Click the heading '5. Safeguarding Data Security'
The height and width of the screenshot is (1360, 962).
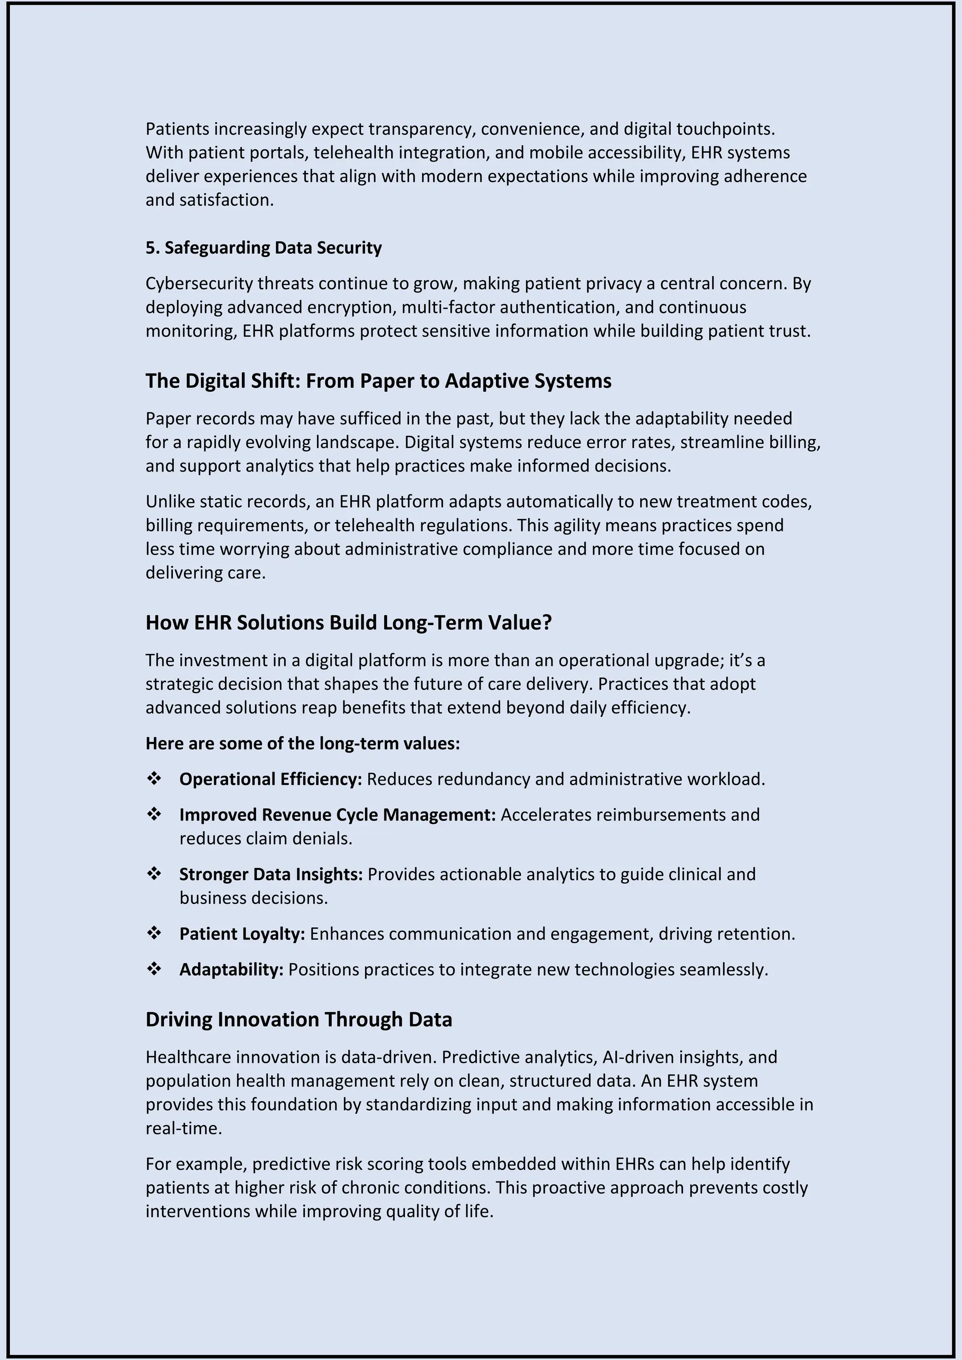264,247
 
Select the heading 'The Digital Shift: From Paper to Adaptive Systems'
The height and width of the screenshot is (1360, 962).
378,381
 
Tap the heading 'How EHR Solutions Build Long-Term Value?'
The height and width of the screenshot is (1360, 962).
349,623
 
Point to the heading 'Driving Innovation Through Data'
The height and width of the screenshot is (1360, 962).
299,1020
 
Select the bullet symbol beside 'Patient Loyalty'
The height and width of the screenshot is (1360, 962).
154,934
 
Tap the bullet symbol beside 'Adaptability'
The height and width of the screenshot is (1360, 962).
154,969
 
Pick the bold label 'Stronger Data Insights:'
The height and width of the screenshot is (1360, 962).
271,874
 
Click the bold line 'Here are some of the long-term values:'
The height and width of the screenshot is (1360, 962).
303,743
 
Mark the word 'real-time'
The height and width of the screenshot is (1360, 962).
184,1128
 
